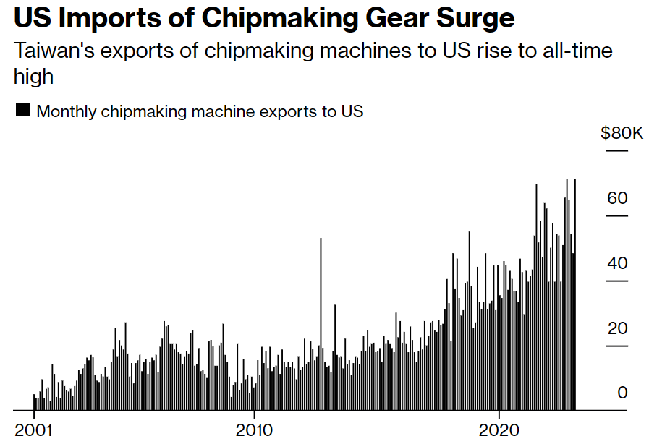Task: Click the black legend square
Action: point(22,111)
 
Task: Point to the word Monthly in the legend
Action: point(67,111)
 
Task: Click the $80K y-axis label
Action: point(622,133)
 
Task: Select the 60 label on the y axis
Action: point(617,198)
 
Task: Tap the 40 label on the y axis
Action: point(617,263)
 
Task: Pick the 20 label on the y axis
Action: point(617,328)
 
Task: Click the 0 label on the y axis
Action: point(622,393)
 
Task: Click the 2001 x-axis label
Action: point(34,430)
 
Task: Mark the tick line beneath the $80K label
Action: point(616,150)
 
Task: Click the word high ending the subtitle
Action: point(34,76)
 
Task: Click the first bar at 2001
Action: point(34,402)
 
